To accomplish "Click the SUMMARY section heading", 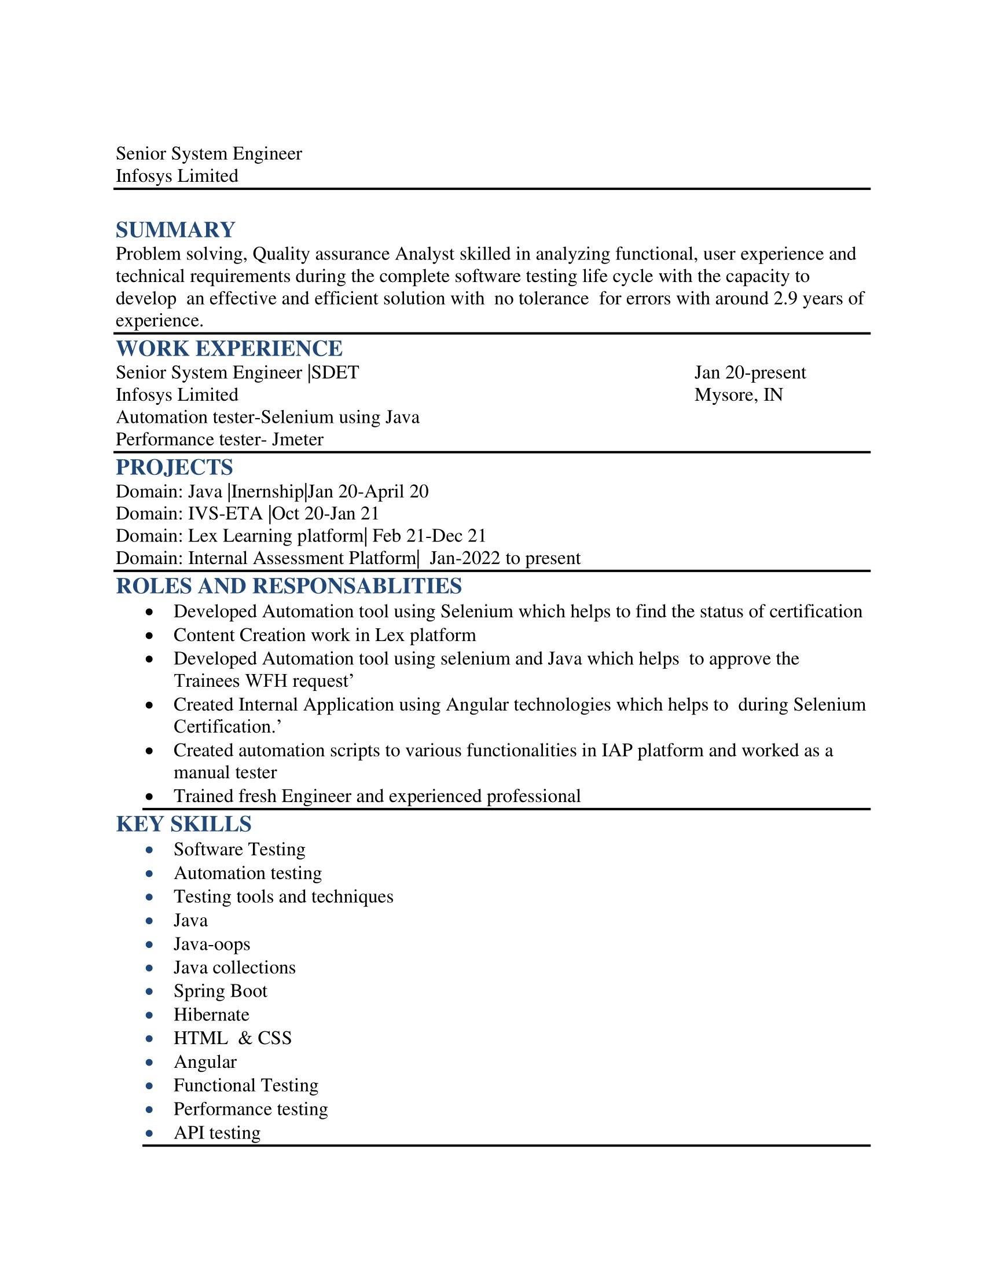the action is pos(175,230).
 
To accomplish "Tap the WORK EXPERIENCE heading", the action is pos(229,348).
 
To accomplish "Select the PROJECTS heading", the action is pos(174,467).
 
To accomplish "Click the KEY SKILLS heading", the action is pos(183,823).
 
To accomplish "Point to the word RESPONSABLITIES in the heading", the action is pos(357,585).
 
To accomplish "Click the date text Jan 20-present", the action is pos(750,372).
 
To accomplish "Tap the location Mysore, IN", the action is pos(738,395).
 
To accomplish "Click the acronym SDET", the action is pos(335,372).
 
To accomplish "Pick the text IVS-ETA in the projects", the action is pos(225,513).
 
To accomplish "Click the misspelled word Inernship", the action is pos(267,491).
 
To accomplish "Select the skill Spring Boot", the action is pos(221,990).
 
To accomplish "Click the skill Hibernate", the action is pos(212,1015).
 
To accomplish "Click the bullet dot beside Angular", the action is pos(150,1062).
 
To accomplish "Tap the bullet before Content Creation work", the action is pos(150,635).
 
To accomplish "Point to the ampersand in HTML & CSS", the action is pos(245,1038).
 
